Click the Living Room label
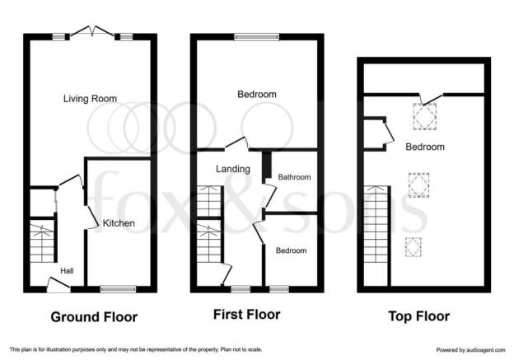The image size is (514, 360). pyautogui.click(x=90, y=99)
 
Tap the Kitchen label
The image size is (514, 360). pyautogui.click(x=119, y=223)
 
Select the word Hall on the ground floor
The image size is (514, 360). pyautogui.click(x=67, y=271)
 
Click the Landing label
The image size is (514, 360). pyautogui.click(x=233, y=169)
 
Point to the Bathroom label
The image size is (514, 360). pyautogui.click(x=294, y=177)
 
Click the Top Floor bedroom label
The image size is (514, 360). pyautogui.click(x=425, y=147)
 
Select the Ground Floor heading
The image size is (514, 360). pyautogui.click(x=94, y=317)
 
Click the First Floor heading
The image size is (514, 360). pyautogui.click(x=247, y=315)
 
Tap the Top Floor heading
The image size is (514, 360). pyautogui.click(x=419, y=316)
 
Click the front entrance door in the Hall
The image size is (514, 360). pyautogui.click(x=58, y=284)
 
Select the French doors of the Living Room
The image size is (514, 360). pyautogui.click(x=92, y=31)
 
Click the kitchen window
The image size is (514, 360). pyautogui.click(x=118, y=289)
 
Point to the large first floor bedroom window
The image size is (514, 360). pyautogui.click(x=257, y=37)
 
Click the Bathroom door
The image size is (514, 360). pyautogui.click(x=271, y=196)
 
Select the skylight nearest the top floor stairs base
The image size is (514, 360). pyautogui.click(x=414, y=247)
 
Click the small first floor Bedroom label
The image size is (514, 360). pyautogui.click(x=291, y=250)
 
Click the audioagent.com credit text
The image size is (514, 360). pyautogui.click(x=470, y=350)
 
